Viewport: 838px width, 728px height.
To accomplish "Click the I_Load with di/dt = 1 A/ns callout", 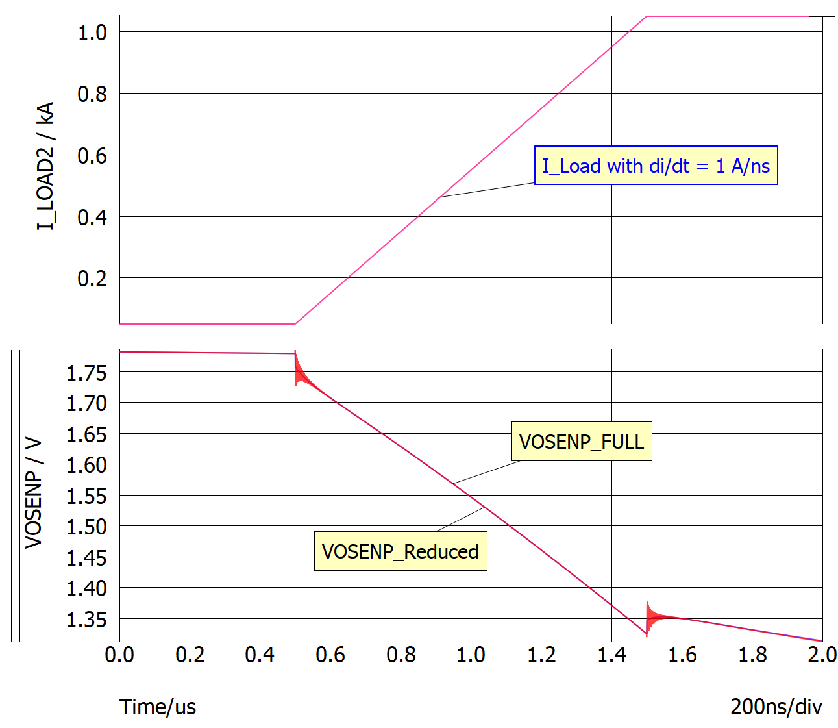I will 656,166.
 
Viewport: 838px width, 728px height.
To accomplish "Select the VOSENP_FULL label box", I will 582,442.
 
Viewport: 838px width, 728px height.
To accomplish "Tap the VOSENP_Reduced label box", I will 401,551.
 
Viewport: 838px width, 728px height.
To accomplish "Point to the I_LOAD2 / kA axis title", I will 45,166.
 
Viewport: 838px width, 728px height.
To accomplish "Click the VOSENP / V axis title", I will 33,494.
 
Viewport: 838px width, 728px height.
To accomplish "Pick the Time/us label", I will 158,707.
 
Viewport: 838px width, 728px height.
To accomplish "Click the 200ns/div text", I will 776,707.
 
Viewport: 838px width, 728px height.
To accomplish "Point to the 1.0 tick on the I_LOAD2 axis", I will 92,32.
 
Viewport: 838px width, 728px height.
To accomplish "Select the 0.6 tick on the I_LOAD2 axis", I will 92,155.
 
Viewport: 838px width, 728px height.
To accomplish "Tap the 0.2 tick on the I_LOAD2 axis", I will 92,278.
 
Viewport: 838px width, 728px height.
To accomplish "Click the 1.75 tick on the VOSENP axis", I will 86,372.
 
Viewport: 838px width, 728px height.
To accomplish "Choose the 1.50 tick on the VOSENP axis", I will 86,526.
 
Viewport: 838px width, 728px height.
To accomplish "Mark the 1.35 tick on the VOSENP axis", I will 86,619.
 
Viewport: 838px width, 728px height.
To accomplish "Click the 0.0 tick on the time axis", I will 119,655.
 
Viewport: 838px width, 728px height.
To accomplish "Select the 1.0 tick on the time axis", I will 471,655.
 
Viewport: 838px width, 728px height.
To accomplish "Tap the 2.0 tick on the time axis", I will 822,655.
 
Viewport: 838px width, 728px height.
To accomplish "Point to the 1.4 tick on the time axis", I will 611,655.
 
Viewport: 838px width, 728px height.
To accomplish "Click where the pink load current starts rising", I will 295,323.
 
